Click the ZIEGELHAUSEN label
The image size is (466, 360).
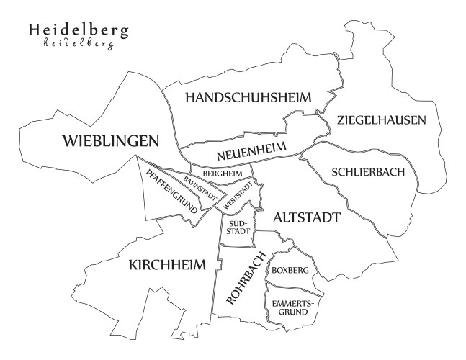(381, 120)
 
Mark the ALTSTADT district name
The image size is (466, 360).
(306, 217)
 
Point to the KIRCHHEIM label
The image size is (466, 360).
(166, 265)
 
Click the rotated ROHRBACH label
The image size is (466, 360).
(246, 279)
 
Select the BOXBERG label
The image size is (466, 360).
(291, 269)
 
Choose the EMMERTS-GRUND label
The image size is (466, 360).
(291, 307)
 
